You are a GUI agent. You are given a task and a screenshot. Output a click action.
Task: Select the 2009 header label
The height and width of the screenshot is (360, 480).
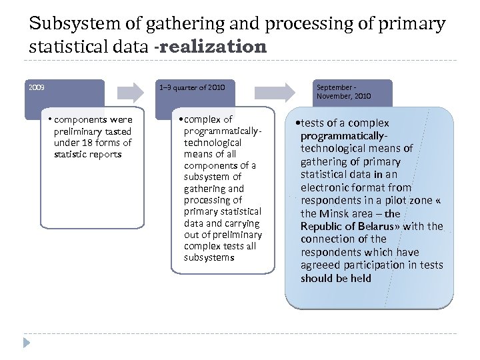point(37,87)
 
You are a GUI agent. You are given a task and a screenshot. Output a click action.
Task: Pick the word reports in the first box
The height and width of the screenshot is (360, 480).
point(105,154)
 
